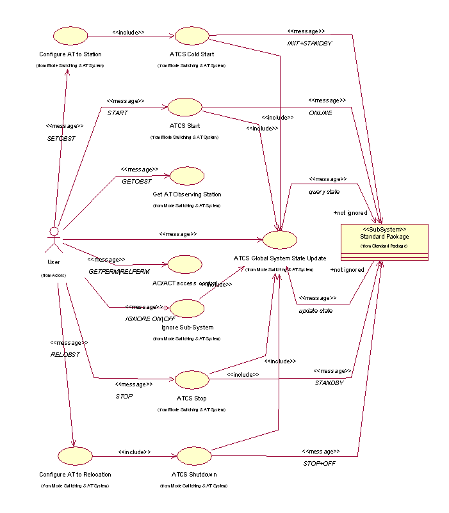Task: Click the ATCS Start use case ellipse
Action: coord(184,107)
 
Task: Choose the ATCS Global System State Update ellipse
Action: coord(280,239)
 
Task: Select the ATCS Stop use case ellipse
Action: coord(192,379)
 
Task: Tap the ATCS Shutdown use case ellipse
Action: coord(193,455)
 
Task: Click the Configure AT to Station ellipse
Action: coord(70,36)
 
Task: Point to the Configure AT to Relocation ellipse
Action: coord(74,455)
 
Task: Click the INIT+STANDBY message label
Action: coord(309,42)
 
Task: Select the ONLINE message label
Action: coord(321,113)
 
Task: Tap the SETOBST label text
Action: coord(61,138)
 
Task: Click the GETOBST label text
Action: coord(136,181)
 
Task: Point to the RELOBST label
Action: coord(65,354)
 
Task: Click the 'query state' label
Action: coord(324,191)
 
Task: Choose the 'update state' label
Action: coord(316,310)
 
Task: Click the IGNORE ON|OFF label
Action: coord(150,319)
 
